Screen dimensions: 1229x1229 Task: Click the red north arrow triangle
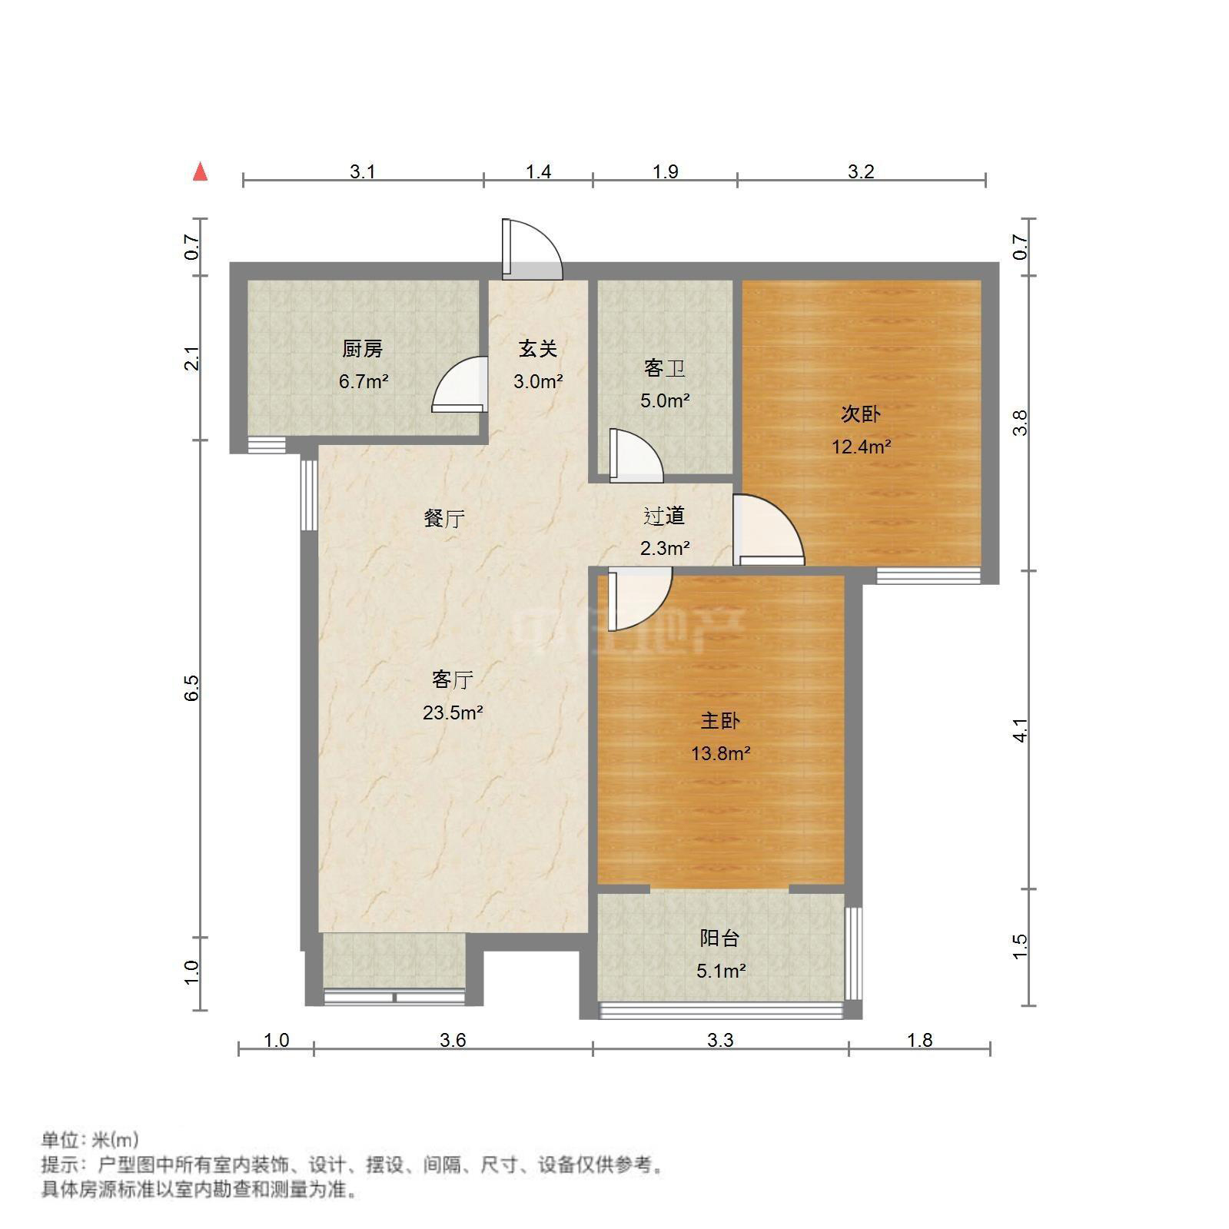coord(201,171)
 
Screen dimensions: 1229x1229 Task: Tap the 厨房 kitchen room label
coord(362,349)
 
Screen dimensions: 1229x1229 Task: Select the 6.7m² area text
coord(364,381)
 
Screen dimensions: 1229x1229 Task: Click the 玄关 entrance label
coord(537,349)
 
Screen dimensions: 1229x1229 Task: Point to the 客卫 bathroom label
coord(664,369)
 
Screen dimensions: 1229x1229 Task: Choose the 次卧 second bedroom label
coord(860,414)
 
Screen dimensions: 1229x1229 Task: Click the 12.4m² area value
coord(861,447)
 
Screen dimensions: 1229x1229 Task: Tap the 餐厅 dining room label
coord(444,519)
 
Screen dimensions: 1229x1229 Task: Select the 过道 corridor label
coord(664,517)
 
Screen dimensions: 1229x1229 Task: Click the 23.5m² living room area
coord(453,712)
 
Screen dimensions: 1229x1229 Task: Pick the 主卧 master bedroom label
coord(720,721)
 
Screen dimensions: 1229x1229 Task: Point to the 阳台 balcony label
coord(720,938)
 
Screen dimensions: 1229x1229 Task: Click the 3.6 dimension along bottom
coord(453,1041)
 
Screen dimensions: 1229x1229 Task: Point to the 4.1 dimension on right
coord(1020,730)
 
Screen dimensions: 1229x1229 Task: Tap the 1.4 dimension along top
coord(538,172)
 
